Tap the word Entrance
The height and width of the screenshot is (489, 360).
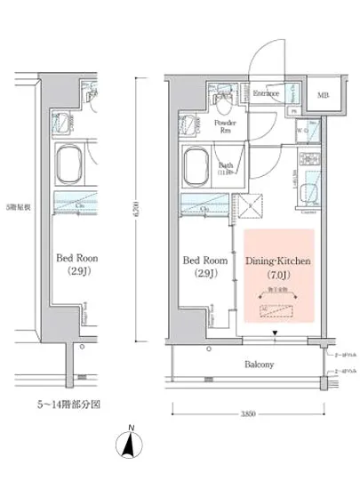267,93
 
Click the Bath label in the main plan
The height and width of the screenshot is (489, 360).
226,165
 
